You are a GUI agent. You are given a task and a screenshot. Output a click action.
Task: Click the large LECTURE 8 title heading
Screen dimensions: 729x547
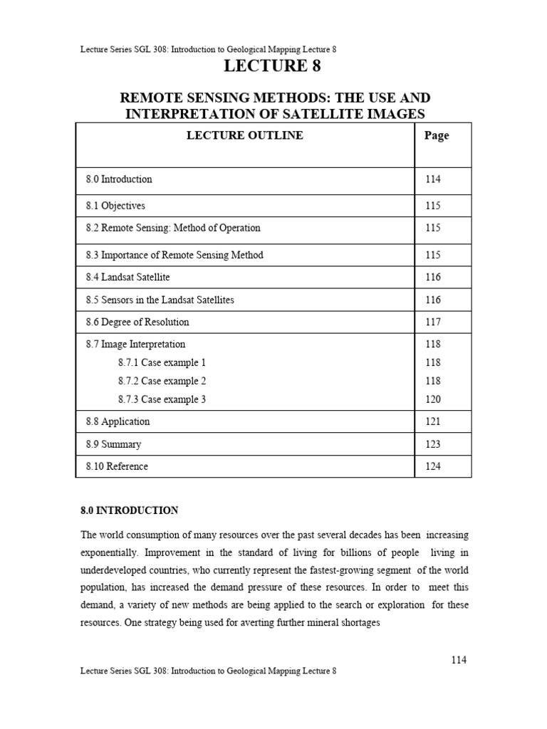[x=273, y=67]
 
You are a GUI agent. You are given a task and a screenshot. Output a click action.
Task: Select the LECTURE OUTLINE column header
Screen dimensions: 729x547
[x=244, y=135]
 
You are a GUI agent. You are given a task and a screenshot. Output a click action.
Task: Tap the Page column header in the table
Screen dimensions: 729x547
[x=436, y=136]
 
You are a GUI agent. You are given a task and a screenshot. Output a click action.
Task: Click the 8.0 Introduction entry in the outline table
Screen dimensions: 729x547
[x=119, y=179]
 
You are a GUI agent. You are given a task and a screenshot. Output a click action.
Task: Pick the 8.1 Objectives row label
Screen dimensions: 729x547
[x=115, y=206]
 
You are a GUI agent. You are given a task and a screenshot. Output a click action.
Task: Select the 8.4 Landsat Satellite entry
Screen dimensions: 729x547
[x=128, y=277]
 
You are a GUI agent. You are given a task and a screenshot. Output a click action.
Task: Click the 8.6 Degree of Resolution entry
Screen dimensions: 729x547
[x=137, y=322]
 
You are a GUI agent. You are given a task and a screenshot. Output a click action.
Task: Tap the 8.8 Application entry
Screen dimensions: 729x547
[x=118, y=421]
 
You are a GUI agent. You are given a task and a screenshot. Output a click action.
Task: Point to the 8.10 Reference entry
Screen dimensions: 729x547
[x=118, y=466]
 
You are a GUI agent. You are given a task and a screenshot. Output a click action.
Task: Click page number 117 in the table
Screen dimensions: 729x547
[x=433, y=322]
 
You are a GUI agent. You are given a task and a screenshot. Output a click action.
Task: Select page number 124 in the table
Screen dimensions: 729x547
[x=433, y=466]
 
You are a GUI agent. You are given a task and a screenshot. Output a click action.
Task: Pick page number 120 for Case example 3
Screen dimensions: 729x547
[x=433, y=399]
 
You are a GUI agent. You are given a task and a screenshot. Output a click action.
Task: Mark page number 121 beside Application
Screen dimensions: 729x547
[x=433, y=421]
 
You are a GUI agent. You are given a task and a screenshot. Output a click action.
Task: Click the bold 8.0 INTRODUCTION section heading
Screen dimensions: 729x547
[x=129, y=510]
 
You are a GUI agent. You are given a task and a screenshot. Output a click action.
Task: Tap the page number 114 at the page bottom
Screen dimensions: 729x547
[x=459, y=660]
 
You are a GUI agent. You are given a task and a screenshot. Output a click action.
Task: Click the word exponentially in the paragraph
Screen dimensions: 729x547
[x=110, y=553]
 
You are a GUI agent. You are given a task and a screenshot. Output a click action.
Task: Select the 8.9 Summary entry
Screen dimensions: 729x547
[x=114, y=444]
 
